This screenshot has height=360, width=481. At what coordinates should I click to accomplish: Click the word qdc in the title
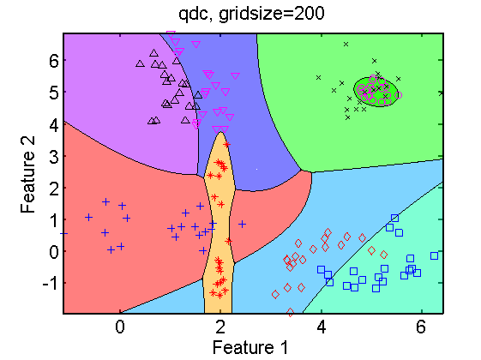point(193,15)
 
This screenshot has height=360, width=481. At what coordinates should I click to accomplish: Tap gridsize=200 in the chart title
point(272,15)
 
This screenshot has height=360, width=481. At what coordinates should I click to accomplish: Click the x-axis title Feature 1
point(250,348)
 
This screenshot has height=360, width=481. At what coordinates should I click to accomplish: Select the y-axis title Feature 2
point(28,175)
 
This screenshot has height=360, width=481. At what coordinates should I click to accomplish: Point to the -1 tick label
point(51,284)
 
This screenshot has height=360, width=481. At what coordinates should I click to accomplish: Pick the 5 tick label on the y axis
point(54,93)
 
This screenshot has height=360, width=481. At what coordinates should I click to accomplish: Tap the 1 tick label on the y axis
point(54,220)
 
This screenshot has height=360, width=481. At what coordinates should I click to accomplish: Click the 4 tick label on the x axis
point(321,327)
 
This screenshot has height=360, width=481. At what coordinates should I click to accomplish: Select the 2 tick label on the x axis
point(220,327)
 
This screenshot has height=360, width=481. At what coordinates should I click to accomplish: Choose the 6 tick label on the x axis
point(422,327)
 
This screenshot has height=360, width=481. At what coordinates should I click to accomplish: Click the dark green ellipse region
point(376,92)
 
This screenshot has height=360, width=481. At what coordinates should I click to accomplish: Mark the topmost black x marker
point(346,45)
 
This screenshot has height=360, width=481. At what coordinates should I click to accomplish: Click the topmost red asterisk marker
point(226,145)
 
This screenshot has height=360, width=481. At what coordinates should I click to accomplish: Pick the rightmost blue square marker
point(434,255)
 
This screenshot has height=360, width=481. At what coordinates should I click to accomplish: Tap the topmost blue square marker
point(394,219)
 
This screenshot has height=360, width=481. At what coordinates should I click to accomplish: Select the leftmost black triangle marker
point(141,63)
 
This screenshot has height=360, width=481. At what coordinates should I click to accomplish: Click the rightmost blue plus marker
point(243,225)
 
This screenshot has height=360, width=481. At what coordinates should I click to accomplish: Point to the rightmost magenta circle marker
point(398,95)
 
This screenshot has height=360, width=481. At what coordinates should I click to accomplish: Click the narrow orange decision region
point(219,224)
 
